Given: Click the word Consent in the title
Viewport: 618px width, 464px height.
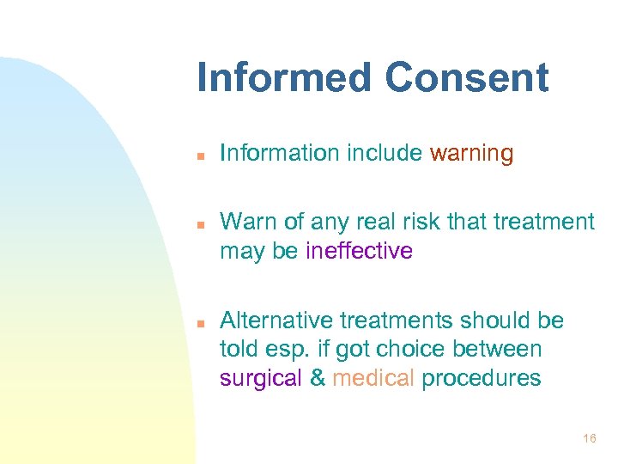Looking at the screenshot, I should (x=466, y=77).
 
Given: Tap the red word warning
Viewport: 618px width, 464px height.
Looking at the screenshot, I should (x=471, y=154).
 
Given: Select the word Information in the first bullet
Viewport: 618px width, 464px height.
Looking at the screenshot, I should (x=280, y=154).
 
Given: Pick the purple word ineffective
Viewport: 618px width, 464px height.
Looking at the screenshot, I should (x=359, y=251).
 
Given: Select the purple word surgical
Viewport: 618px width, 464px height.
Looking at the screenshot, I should (x=261, y=378).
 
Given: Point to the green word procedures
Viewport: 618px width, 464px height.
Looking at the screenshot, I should (x=481, y=378).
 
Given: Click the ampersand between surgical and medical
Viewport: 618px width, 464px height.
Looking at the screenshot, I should (x=318, y=378).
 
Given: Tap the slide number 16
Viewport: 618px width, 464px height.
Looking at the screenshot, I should (x=589, y=439).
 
